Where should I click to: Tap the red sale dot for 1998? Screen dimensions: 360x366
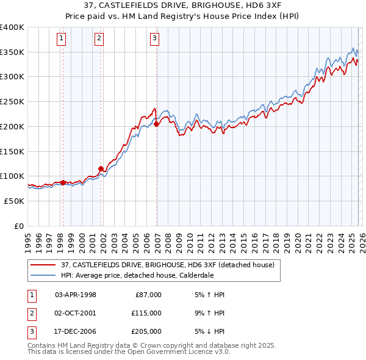point(63,182)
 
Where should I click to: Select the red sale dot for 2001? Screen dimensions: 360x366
point(101,168)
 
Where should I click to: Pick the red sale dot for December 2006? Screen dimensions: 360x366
point(157,124)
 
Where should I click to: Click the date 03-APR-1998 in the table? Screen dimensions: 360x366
point(76,295)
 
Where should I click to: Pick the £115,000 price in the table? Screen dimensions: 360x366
point(146,313)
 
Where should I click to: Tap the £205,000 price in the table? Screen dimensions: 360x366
point(146,331)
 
